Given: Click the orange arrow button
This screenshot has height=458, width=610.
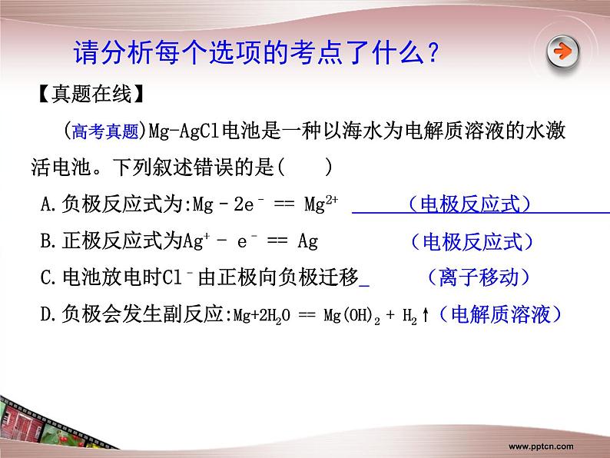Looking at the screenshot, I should [x=563, y=52].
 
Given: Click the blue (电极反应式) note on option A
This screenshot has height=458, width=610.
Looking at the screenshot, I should [x=469, y=204].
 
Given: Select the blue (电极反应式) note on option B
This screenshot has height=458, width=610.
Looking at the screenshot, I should [x=472, y=241].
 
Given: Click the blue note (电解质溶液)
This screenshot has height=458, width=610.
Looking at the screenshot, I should [x=499, y=314].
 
